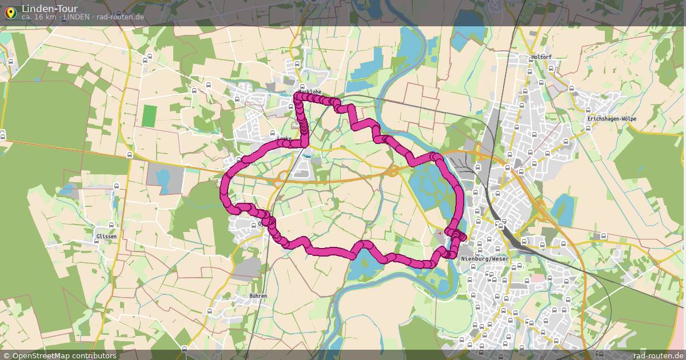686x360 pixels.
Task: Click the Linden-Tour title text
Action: [x=50, y=9]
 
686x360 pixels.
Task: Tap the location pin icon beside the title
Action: [x=10, y=13]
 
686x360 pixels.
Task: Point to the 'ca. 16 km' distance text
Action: [x=39, y=17]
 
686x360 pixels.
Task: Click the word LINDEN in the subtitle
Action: [x=76, y=17]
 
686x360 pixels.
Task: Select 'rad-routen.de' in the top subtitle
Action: [x=120, y=17]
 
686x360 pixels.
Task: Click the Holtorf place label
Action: [x=541, y=57]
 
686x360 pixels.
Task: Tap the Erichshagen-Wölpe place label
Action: [x=611, y=119]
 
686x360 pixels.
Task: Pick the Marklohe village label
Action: [x=309, y=91]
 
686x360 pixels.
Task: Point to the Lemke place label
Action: [x=284, y=138]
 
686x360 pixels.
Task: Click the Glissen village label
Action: [x=106, y=236]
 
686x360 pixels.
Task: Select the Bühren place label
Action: [x=258, y=295]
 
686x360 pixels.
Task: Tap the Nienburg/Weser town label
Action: [x=484, y=259]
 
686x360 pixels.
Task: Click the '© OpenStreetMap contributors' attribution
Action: [x=59, y=355]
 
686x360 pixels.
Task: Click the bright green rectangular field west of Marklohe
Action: [x=149, y=116]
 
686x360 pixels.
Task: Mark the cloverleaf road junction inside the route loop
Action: [x=393, y=170]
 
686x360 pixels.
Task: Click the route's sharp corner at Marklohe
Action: [x=297, y=97]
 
